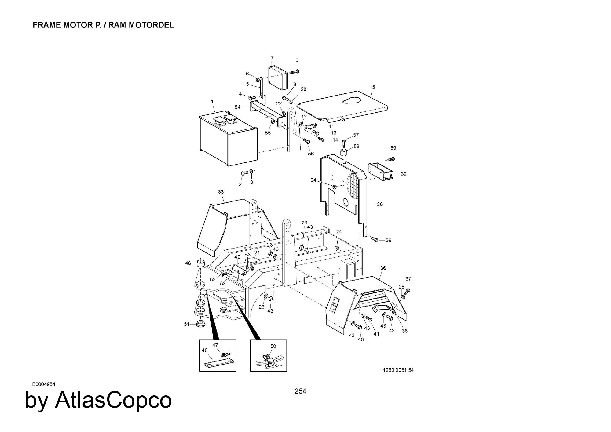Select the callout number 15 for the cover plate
372,87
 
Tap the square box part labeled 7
278,78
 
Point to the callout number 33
221,192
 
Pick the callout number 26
380,204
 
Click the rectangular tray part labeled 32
381,172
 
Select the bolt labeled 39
375,240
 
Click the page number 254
300,391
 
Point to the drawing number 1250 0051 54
398,370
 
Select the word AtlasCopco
113,400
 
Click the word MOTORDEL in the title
152,25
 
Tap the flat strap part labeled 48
218,364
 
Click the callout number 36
383,268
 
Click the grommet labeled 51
200,324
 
